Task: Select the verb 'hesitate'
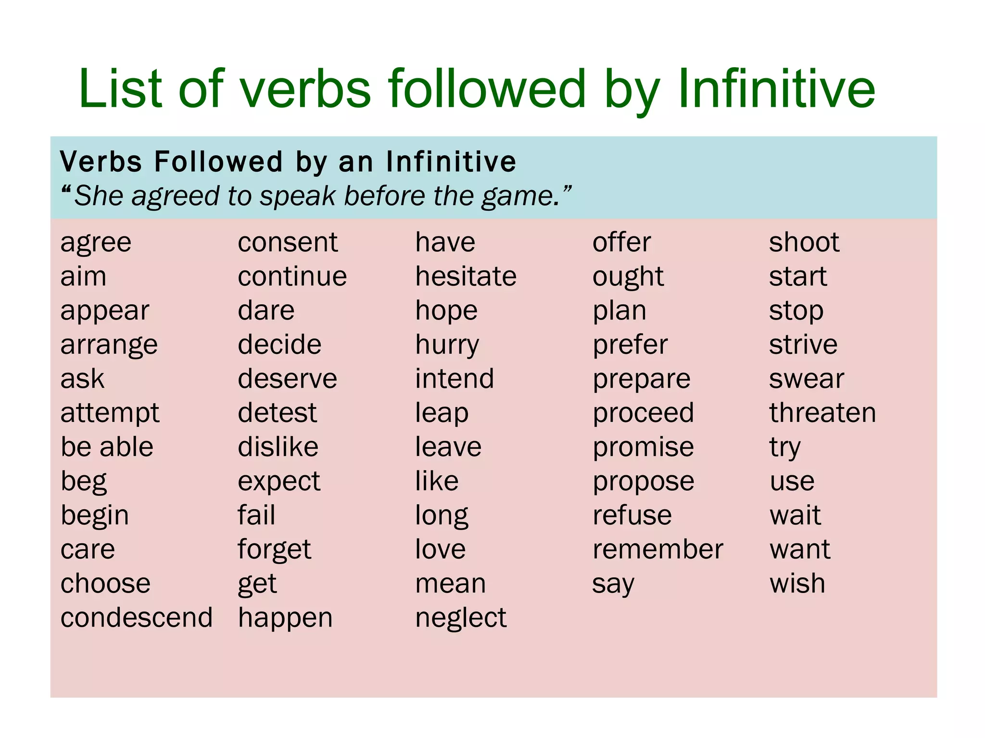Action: [x=466, y=276]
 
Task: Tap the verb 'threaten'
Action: [x=822, y=413]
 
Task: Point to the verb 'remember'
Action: [x=657, y=549]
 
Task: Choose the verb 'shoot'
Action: [x=804, y=242]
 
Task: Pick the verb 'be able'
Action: [x=107, y=447]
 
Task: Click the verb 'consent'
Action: [x=288, y=242]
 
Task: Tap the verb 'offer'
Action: [x=621, y=242]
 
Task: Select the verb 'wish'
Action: [x=797, y=583]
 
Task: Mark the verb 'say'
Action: [x=613, y=584]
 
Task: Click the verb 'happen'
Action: [x=285, y=618]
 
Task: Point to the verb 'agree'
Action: [x=96, y=243]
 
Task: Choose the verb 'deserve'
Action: [x=288, y=379]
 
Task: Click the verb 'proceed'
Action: [x=643, y=413]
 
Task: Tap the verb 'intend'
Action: [x=455, y=379]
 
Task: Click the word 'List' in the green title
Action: [x=120, y=88]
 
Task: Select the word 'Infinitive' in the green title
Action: [x=776, y=88]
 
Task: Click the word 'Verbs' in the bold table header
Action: [x=101, y=161]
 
